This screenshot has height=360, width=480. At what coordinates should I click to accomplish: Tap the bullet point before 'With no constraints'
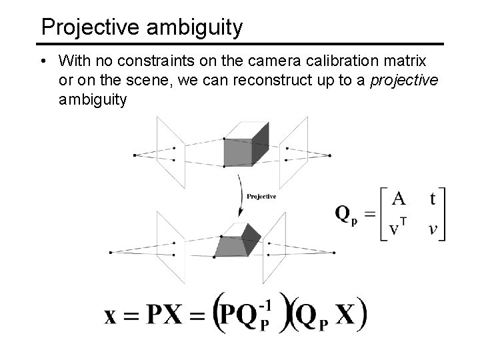tap(43, 61)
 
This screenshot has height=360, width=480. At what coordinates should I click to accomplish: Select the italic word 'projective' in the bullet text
tap(403, 81)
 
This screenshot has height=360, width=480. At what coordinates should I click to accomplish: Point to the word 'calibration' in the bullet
tap(333, 61)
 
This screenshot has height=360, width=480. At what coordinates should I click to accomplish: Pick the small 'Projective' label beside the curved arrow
tap(261, 196)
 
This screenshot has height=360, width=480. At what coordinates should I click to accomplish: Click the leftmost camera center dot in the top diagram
tap(135, 155)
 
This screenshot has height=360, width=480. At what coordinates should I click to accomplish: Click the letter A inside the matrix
tap(398, 199)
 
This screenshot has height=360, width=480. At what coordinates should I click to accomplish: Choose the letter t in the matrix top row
tap(433, 199)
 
